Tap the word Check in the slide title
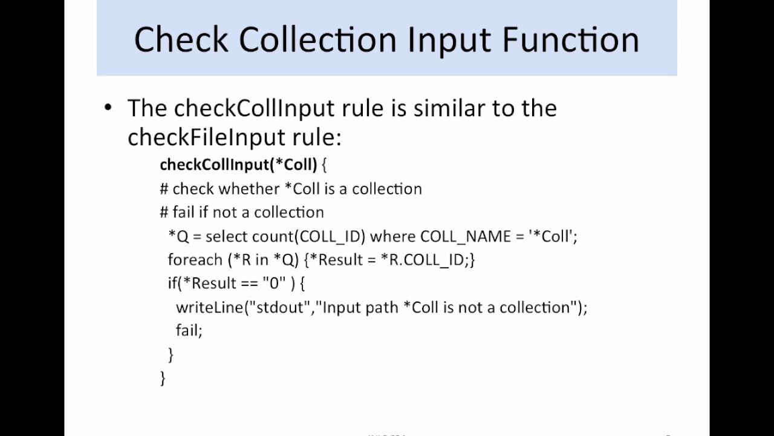(181, 39)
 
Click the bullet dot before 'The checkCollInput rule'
(108, 108)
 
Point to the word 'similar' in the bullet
(453, 108)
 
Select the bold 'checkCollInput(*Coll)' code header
(238, 164)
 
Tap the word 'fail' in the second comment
(183, 212)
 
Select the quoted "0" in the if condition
(274, 283)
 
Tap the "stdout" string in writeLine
(280, 307)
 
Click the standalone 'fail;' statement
(189, 330)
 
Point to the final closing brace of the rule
(162, 378)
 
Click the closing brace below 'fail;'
(171, 354)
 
